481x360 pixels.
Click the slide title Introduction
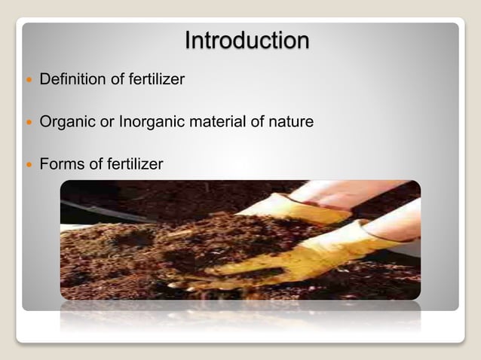[x=247, y=40]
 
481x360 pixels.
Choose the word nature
[x=290, y=121]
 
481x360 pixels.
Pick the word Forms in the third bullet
[x=62, y=163]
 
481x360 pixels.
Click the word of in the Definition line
[x=112, y=79]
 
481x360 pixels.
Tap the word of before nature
[x=256, y=121]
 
